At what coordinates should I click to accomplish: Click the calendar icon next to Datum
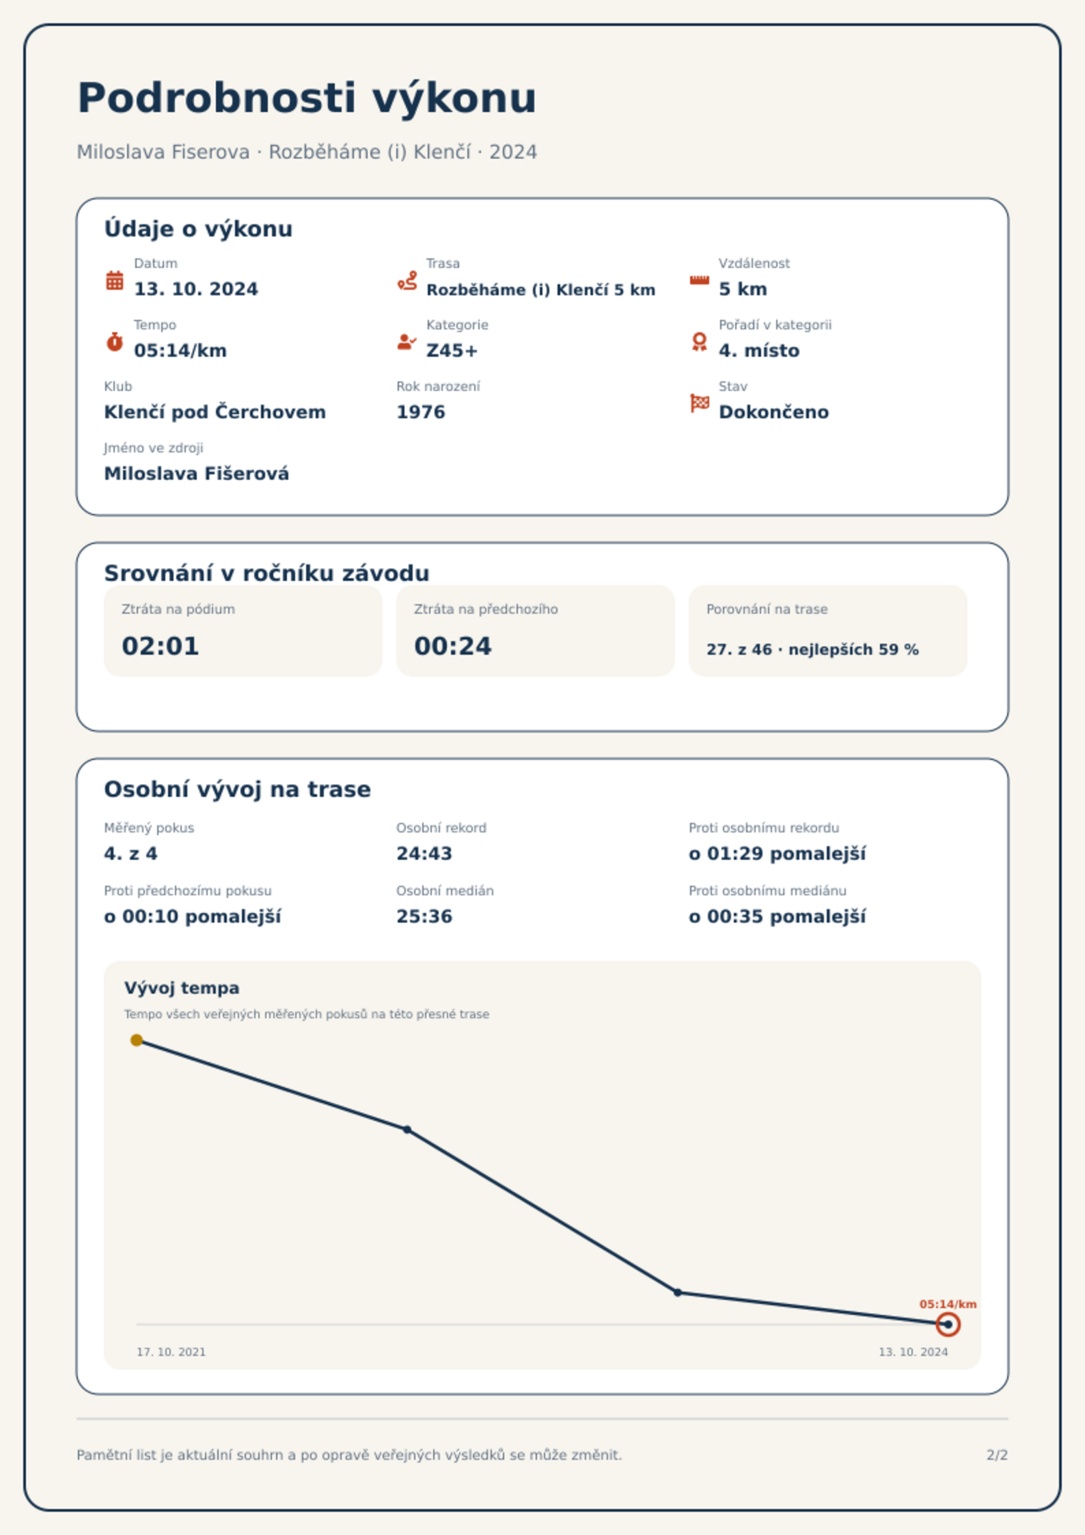click(115, 280)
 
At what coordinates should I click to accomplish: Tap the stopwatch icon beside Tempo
click(115, 341)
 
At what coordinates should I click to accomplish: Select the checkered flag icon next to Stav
click(700, 403)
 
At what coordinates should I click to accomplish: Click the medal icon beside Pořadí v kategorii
click(699, 342)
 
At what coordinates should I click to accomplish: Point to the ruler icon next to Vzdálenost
click(699, 280)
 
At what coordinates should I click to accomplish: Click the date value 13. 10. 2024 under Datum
click(196, 289)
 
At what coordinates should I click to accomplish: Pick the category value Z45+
click(452, 351)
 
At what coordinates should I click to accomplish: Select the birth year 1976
click(421, 412)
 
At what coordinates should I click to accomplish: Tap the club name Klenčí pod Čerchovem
click(215, 412)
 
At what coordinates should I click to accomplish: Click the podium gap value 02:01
click(161, 646)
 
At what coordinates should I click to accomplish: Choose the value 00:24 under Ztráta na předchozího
click(453, 646)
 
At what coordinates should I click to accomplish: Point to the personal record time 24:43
click(424, 854)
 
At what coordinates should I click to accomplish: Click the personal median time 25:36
click(424, 916)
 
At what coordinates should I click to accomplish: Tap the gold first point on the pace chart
click(137, 1040)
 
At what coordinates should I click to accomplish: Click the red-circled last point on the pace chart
click(948, 1325)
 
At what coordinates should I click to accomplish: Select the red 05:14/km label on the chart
click(948, 1304)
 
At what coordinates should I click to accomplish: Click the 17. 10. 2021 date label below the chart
click(171, 1352)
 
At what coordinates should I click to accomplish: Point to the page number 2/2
click(997, 1455)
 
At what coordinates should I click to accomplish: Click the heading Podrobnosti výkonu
click(307, 98)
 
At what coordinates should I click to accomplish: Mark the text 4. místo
click(759, 351)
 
